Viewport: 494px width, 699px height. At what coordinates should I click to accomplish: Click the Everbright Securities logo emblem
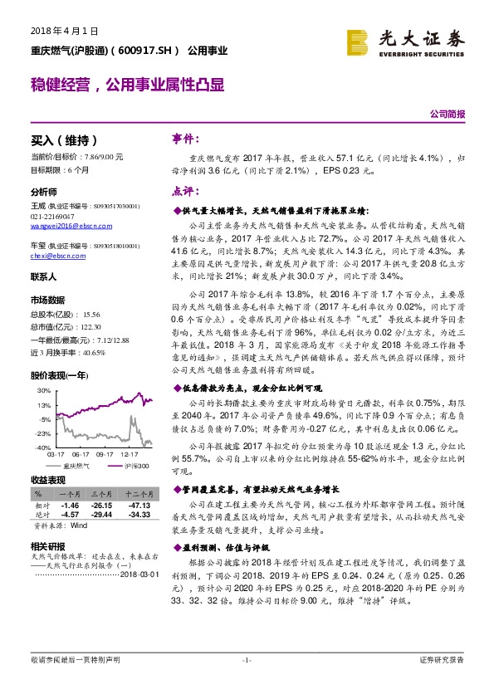click(x=356, y=42)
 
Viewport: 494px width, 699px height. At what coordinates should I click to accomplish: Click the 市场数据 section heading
click(x=47, y=299)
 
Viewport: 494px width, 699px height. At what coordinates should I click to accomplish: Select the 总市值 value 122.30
click(x=94, y=328)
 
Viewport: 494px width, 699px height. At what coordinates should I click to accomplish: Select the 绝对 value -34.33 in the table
click(x=138, y=515)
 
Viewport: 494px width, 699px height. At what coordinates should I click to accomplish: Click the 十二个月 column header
click(x=138, y=494)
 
